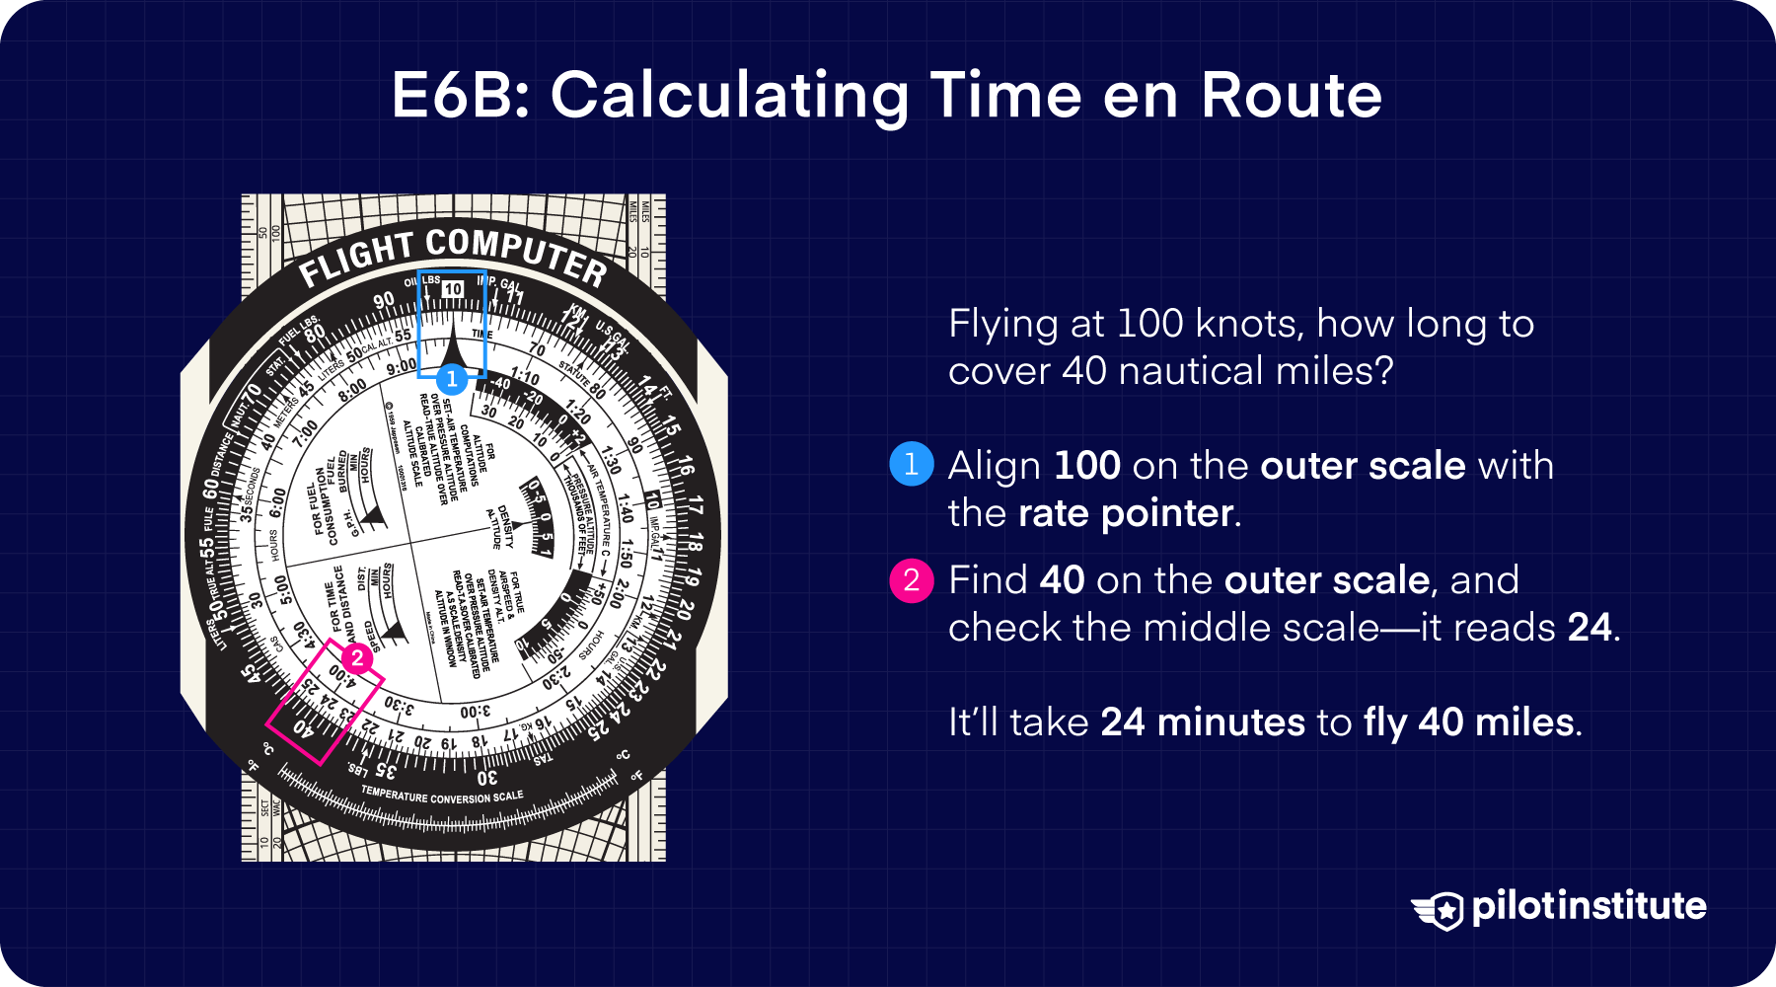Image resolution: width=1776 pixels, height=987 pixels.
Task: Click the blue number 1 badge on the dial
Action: click(452, 378)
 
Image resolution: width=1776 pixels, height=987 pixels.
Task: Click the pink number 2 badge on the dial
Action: click(357, 658)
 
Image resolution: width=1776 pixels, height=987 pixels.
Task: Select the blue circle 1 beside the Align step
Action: click(911, 464)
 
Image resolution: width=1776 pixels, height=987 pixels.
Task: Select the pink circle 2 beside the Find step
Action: click(911, 579)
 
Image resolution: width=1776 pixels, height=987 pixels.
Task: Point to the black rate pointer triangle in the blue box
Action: click(452, 347)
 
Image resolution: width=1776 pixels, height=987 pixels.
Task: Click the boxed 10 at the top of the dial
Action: click(452, 288)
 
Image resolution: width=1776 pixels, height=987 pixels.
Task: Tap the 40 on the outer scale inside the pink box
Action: click(303, 729)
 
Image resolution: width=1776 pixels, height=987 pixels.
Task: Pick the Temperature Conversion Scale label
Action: click(441, 795)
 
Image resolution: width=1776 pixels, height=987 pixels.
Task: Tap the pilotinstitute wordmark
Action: click(1589, 906)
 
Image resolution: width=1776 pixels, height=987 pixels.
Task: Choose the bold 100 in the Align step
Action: click(1086, 465)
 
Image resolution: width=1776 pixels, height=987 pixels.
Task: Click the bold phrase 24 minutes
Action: click(1202, 722)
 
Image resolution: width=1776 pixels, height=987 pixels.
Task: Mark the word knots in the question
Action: click(1248, 324)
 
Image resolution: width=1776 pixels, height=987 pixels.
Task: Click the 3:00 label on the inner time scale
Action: click(475, 712)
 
